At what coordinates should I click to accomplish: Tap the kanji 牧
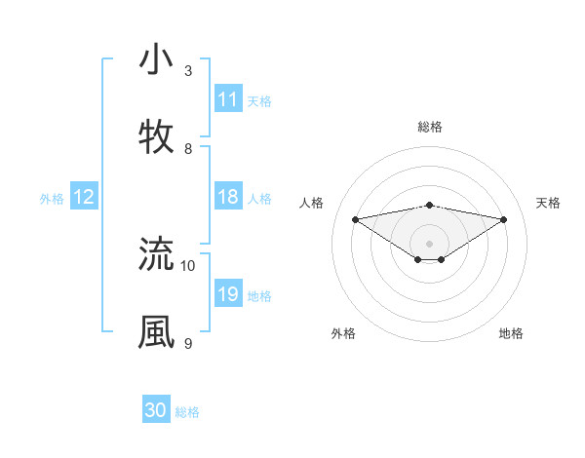(156, 137)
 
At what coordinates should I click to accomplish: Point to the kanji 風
(156, 331)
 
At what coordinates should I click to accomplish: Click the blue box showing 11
(228, 99)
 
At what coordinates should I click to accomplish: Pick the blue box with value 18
(228, 198)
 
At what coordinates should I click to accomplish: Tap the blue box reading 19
(228, 295)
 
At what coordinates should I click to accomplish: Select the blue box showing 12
(84, 198)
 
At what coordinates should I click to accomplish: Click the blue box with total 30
(156, 410)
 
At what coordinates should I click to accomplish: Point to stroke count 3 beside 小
(188, 70)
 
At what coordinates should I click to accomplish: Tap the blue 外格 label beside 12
(52, 199)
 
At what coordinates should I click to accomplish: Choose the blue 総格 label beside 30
(187, 412)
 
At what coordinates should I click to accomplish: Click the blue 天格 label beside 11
(259, 100)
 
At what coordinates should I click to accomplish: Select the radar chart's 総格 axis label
(430, 127)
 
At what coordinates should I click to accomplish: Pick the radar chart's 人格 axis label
(312, 203)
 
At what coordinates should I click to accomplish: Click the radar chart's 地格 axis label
(511, 333)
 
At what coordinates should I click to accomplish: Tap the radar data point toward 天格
(504, 219)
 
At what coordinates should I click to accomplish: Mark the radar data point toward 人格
(356, 219)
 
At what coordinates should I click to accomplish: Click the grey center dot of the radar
(430, 243)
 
